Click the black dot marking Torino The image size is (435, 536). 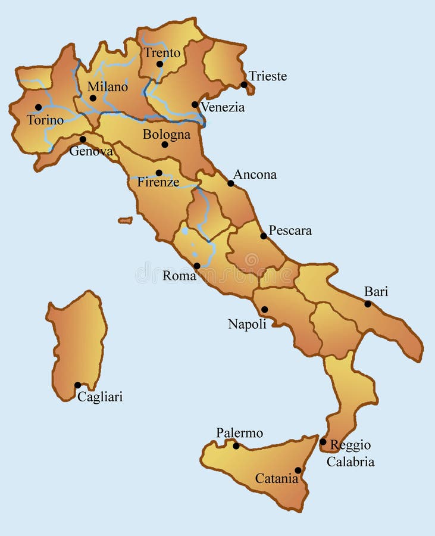coord(39,108)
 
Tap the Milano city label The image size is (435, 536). coord(108,87)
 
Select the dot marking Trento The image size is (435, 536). coord(159,64)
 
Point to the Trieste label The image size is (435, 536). coord(267,76)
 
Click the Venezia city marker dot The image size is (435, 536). coord(195,104)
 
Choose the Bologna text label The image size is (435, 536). coord(167,135)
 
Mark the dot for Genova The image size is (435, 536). coord(83,139)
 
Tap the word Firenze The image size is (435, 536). coord(158,182)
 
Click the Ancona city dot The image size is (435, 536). coord(231,183)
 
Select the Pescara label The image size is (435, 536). coord(290,230)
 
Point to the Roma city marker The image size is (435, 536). coord(197,266)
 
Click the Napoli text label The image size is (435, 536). coord(247,324)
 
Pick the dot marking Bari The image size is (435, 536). coord(368,304)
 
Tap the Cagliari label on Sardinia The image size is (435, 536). coord(100,397)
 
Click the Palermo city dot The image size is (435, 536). coord(236,445)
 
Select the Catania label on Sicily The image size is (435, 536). coord(277,478)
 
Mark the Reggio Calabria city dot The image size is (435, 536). coord(323,442)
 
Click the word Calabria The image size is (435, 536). coord(350,462)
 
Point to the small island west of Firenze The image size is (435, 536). coord(125,220)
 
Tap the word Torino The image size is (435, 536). coord(45,120)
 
